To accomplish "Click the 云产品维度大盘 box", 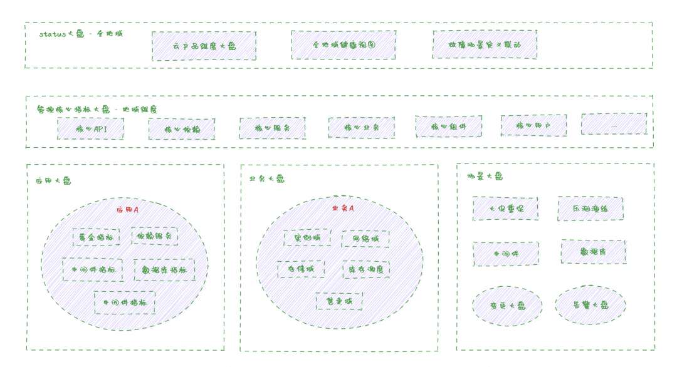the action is [x=204, y=46].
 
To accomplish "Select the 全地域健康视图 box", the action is [x=344, y=45].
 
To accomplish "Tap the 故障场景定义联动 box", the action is [x=485, y=44].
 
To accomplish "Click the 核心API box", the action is [x=90, y=128].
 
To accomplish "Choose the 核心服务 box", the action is [x=272, y=128].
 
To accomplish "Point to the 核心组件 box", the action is [x=449, y=127].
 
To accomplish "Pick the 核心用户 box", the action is [x=533, y=125].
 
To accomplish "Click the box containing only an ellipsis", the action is [x=614, y=124].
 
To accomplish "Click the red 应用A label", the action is [x=127, y=210].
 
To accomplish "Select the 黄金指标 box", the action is [x=96, y=237].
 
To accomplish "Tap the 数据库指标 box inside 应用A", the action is [x=164, y=270].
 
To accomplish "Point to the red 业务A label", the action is [x=343, y=208].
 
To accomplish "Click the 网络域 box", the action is [x=365, y=239].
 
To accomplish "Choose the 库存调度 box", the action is [x=366, y=270].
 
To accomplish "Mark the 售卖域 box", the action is [x=339, y=301].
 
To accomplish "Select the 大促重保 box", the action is [x=505, y=209].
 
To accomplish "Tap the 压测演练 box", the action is [x=590, y=209].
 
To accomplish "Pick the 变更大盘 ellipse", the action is [x=507, y=306].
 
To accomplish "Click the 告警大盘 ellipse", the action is [x=590, y=305].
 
